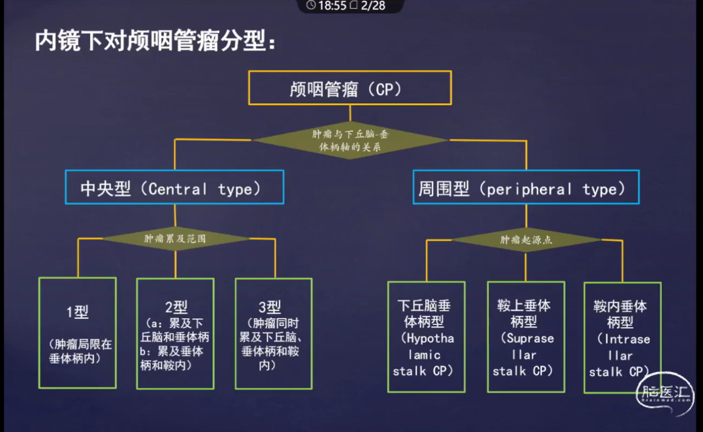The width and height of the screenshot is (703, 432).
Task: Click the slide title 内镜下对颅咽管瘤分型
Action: coord(155,41)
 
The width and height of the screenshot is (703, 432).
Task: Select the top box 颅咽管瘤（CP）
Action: coord(350,88)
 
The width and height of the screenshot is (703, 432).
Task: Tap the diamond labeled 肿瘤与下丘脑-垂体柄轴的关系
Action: coord(350,141)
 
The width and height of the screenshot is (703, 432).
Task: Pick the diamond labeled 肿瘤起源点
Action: coord(526,240)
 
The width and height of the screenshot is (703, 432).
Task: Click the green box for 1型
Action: coord(77,333)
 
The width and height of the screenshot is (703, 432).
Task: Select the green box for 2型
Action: coord(175,334)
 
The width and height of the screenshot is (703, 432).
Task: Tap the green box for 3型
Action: coord(274,334)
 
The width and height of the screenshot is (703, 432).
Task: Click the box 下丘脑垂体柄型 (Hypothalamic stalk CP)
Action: coord(426,337)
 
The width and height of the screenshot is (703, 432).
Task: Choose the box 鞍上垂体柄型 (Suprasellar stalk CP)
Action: coord(526,337)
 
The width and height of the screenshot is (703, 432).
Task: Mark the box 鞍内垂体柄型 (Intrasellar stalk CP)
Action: coord(622,337)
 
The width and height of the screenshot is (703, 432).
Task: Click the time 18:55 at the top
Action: coord(332,6)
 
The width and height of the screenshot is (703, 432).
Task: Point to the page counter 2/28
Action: coord(373,6)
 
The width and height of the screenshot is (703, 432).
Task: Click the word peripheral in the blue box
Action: coord(530,190)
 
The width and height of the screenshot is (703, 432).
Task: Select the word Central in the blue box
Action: coord(178,190)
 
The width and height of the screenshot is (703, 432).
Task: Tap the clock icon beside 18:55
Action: coord(311,6)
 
